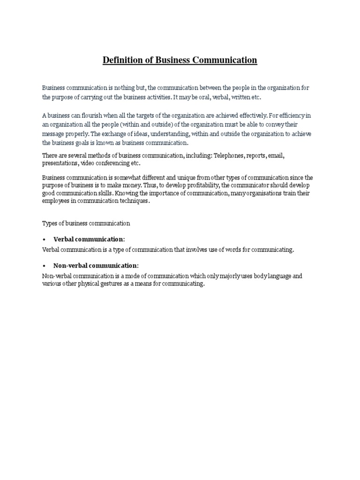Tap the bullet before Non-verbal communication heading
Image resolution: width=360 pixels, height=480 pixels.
pos(44,266)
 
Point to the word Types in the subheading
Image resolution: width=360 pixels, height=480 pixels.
pos(49,223)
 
